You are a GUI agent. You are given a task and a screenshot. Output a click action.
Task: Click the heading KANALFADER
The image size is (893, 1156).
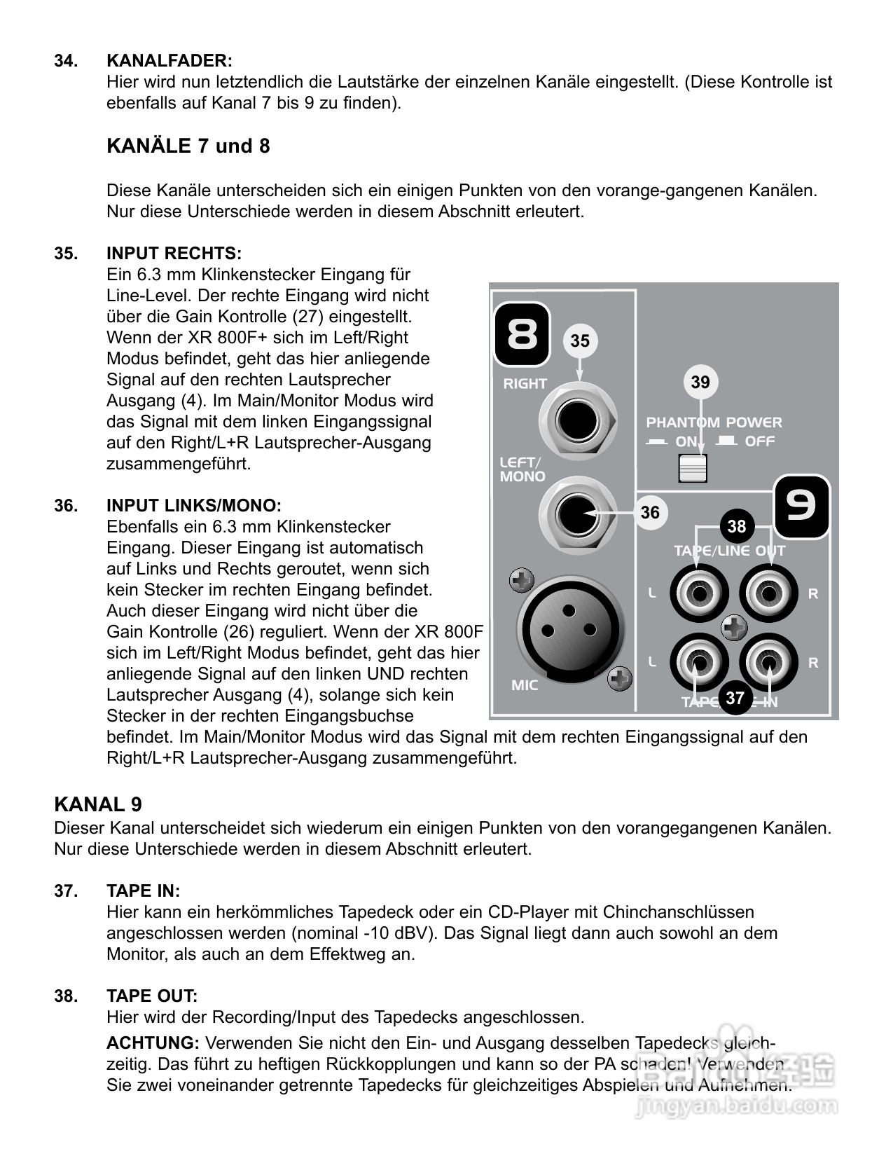[169, 61]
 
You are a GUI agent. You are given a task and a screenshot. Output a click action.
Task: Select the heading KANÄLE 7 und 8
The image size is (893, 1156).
[188, 146]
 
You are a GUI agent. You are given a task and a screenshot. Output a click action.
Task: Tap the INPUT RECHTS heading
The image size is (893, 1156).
[174, 253]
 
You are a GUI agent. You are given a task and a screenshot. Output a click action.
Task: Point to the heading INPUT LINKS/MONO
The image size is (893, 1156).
[193, 505]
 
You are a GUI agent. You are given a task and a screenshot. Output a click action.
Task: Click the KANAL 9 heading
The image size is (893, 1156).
[98, 804]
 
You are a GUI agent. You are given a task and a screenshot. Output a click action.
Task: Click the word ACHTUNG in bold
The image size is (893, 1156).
[153, 1043]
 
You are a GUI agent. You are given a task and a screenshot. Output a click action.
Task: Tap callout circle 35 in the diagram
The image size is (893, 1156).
[580, 341]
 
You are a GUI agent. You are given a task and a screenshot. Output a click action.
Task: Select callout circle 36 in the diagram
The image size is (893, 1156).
[650, 512]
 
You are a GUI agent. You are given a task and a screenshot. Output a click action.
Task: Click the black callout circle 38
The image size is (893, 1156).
[737, 526]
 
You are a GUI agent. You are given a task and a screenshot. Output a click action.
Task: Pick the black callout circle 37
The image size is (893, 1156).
[735, 698]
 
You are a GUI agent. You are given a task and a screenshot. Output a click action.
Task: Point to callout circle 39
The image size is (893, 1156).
[700, 382]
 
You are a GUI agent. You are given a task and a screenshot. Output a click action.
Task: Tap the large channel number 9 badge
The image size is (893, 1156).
[801, 505]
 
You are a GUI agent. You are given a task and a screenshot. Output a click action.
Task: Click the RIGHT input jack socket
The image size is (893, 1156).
[577, 421]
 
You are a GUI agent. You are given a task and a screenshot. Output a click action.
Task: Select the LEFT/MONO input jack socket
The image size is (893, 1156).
[577, 516]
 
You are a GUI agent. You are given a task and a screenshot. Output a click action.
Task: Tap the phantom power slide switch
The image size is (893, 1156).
[693, 468]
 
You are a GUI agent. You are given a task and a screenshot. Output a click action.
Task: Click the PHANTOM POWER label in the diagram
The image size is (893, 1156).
[714, 422]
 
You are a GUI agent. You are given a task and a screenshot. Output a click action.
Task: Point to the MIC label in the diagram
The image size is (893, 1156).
[525, 685]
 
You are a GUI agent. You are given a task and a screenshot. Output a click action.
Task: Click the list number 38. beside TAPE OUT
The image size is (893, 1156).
[67, 996]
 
